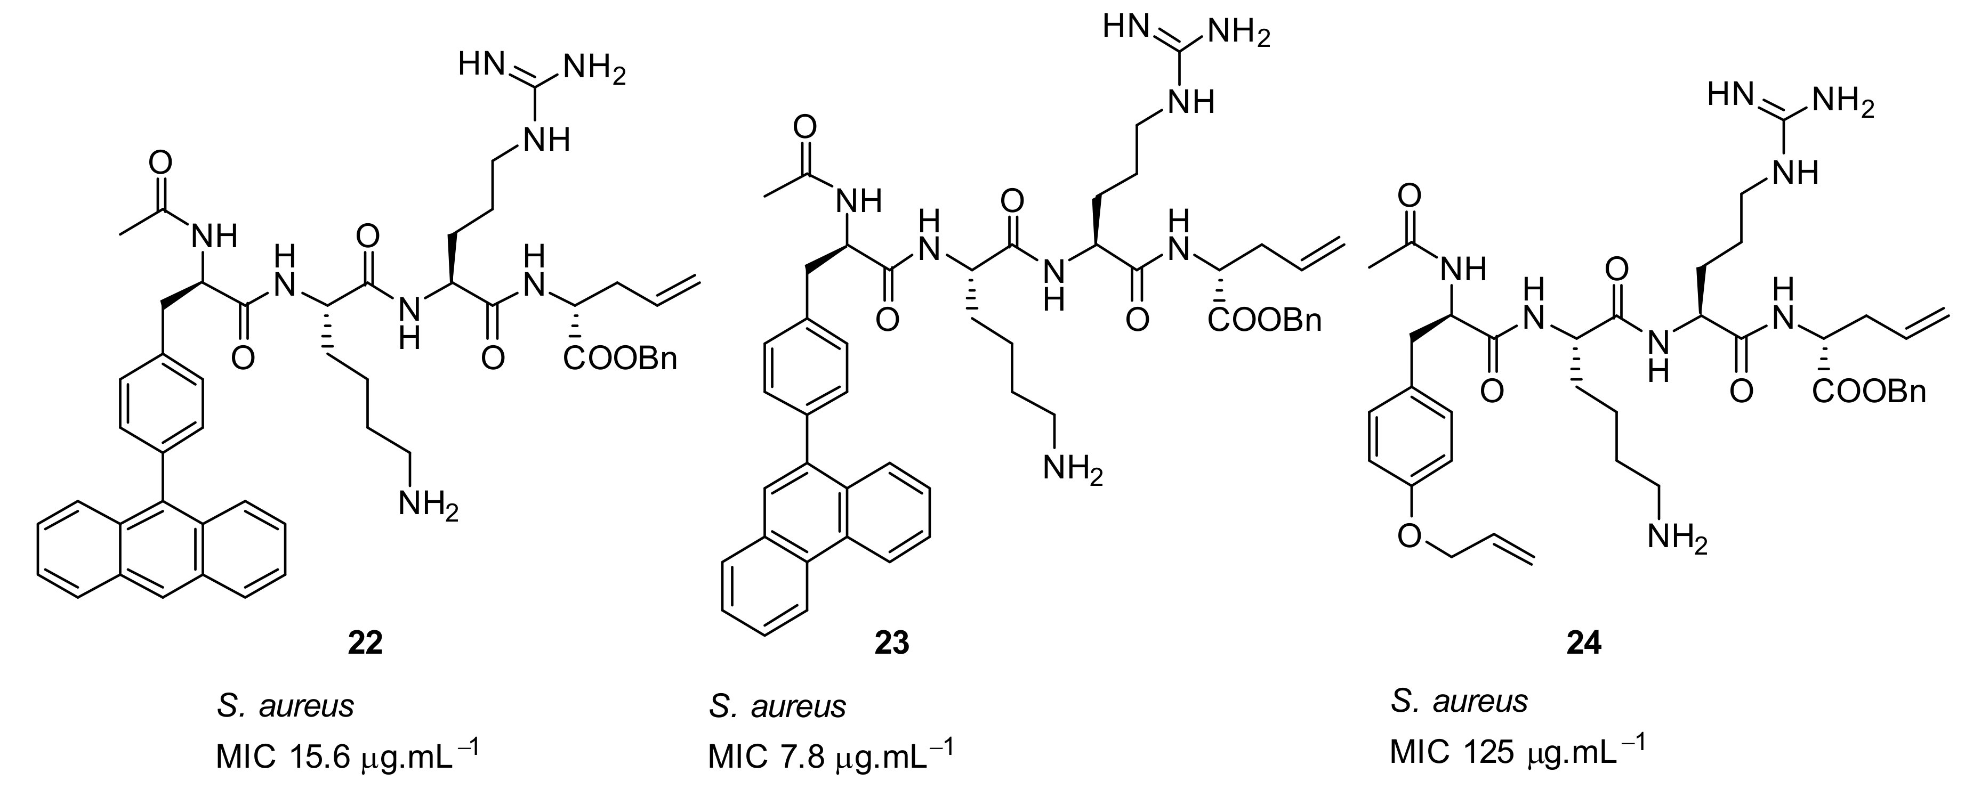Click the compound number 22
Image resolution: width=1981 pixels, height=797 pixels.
tap(365, 643)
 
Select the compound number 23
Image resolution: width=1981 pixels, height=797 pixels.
tap(891, 643)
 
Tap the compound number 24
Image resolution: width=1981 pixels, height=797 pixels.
tap(1584, 643)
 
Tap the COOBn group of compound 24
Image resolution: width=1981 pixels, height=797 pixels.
tap(1869, 393)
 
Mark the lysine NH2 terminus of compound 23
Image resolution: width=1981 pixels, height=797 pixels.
tap(1072, 469)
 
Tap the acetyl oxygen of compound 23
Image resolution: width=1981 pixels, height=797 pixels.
tap(805, 127)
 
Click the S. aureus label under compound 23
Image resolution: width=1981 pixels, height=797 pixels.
tap(777, 705)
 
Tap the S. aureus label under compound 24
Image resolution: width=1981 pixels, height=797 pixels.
tap(1459, 701)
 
